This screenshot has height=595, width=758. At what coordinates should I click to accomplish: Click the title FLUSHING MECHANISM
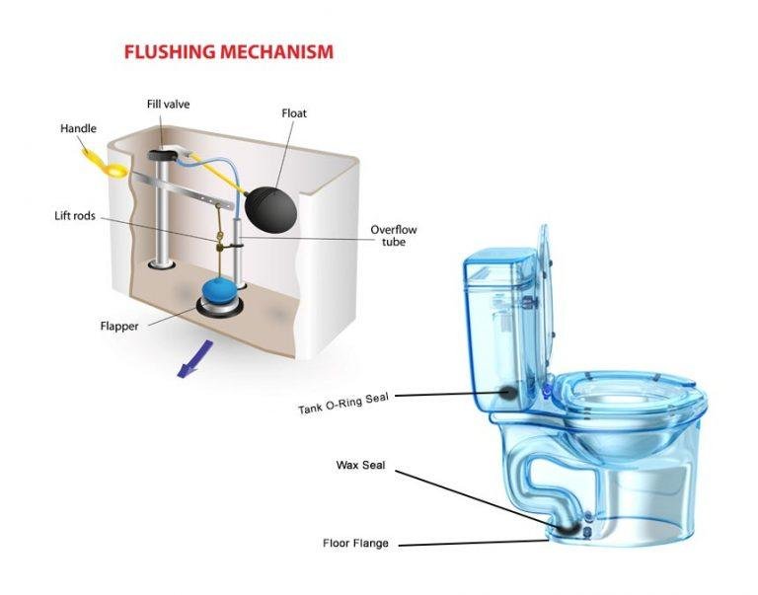(228, 51)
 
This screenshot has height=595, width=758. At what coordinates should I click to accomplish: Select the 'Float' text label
(294, 113)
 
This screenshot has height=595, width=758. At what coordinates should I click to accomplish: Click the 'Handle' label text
(78, 128)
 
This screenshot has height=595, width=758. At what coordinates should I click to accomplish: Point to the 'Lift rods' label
(75, 216)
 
